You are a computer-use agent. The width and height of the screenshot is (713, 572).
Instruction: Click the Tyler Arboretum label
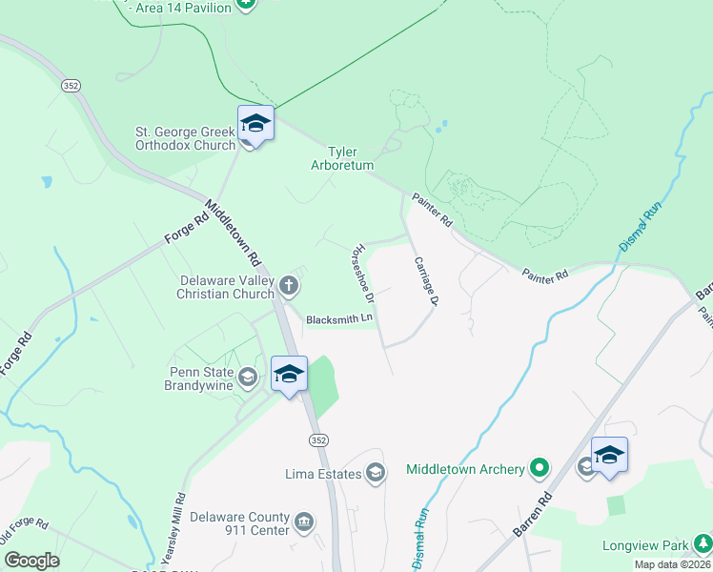point(343,158)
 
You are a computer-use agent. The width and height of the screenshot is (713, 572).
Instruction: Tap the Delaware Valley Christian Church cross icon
point(289,283)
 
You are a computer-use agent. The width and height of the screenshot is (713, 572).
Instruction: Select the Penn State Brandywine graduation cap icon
point(248,378)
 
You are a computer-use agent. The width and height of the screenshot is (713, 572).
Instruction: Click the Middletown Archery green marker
point(540,468)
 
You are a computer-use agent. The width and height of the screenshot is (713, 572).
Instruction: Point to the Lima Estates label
point(324,474)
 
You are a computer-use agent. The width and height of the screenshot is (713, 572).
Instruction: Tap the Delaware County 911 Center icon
point(304,521)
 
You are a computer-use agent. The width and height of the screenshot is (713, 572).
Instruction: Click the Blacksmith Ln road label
point(339,320)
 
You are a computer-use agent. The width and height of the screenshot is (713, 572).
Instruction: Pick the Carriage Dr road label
point(424,281)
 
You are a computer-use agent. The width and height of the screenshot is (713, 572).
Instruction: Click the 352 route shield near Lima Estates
point(318,439)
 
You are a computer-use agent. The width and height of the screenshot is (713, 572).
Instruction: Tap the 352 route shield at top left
point(71,86)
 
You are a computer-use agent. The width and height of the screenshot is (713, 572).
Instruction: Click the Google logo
point(31,561)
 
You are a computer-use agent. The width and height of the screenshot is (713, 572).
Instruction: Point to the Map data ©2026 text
point(673,564)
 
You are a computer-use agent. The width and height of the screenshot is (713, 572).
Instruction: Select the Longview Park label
point(645,546)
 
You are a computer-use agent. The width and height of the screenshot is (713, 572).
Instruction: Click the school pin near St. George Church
point(255,124)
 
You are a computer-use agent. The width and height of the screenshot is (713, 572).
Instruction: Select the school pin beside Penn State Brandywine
point(289,375)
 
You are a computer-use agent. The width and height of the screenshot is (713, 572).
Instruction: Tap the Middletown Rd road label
point(233,233)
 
